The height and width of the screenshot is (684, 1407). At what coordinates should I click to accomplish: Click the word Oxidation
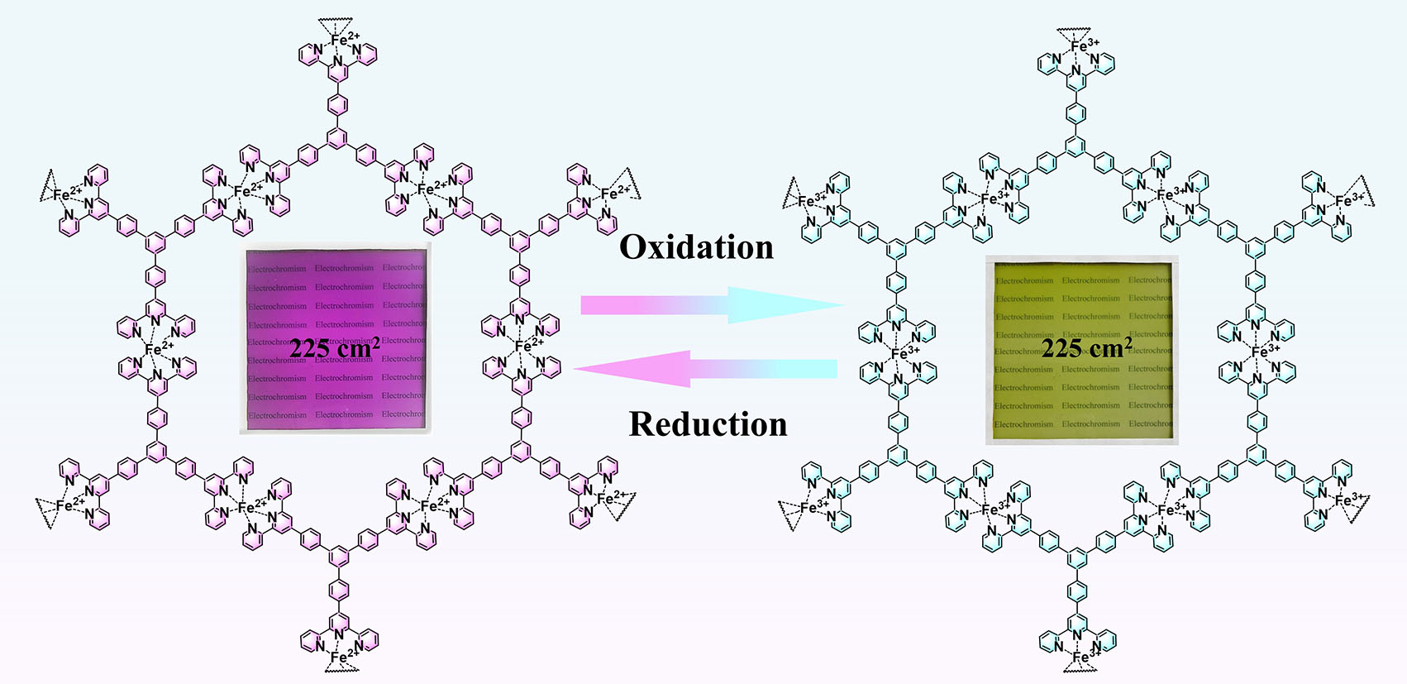(696, 247)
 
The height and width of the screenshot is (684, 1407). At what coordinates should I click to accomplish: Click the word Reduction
(708, 424)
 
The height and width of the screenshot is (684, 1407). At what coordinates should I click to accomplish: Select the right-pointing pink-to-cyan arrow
(711, 305)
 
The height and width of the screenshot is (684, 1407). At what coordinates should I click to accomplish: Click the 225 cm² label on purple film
(334, 348)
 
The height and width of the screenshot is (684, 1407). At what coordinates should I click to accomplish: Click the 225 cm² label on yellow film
(1085, 347)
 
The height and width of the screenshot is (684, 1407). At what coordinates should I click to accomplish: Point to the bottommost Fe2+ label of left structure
(344, 658)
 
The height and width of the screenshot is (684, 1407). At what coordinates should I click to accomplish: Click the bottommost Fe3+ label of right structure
(1085, 657)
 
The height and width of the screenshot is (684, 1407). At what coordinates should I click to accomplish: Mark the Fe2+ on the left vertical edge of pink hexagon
(158, 349)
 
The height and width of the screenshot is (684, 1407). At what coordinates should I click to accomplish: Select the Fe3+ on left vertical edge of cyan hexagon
(904, 352)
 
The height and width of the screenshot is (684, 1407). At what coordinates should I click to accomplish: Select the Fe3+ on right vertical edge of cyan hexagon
(1264, 352)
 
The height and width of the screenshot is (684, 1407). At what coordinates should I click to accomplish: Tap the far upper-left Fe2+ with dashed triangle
(66, 194)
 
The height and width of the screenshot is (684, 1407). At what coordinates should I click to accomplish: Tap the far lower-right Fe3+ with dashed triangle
(1349, 500)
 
